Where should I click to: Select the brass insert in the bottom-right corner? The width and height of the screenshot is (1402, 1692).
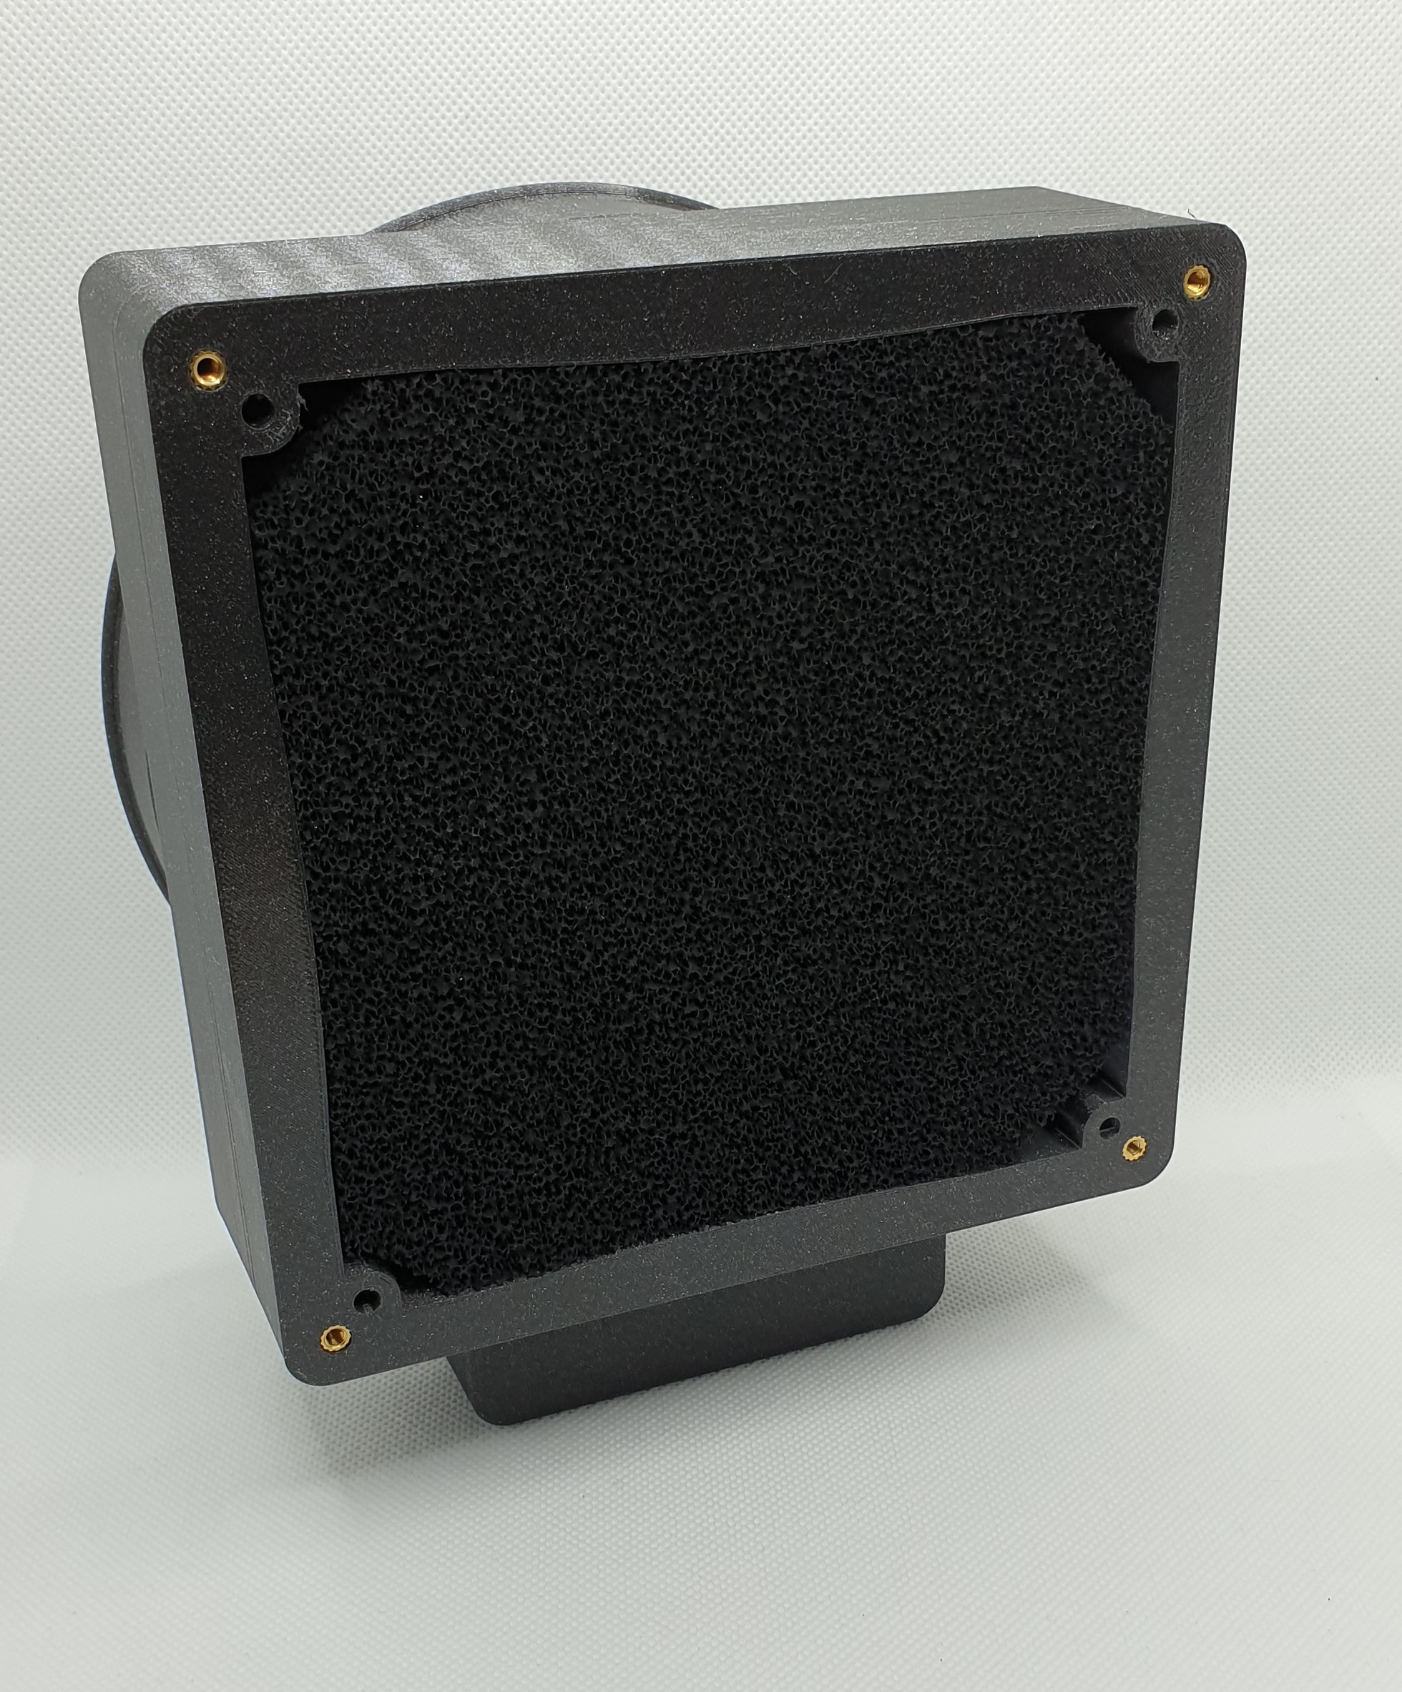1134,1146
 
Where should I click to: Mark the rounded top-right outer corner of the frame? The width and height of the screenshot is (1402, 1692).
1229,250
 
